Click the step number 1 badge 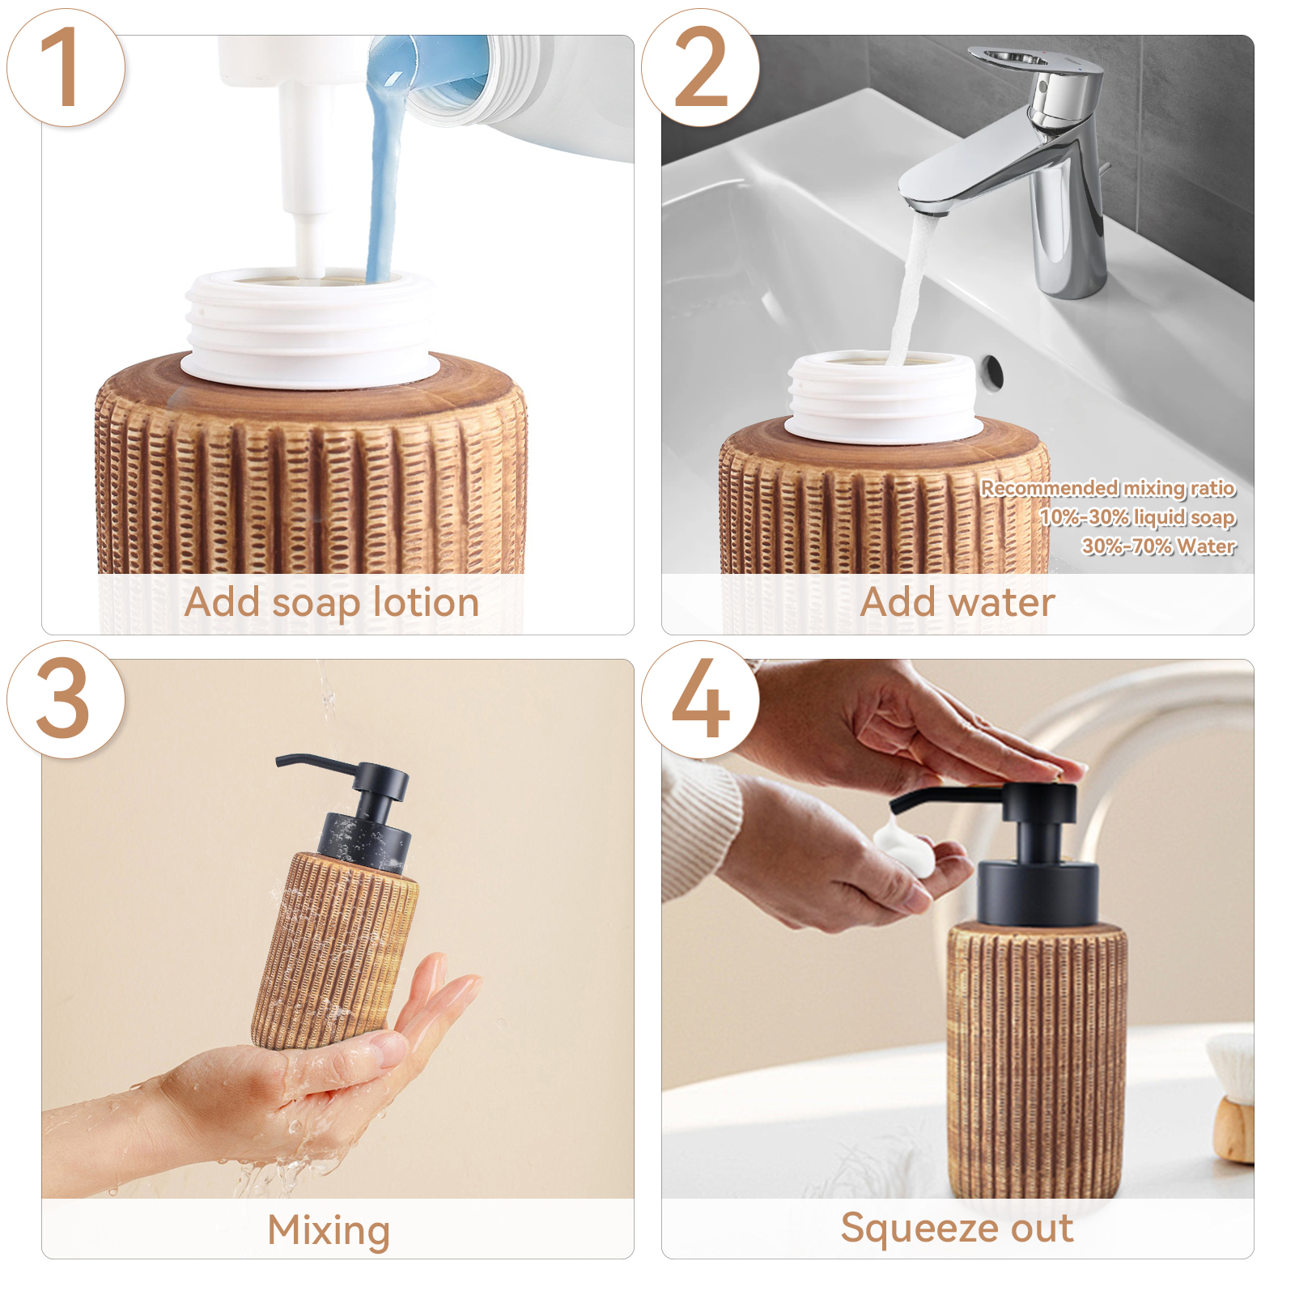66,67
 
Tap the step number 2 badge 700,67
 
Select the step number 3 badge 66,699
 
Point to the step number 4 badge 700,699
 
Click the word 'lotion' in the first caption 426,602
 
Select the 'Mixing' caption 329,1231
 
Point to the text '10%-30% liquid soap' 1137,516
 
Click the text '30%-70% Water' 1158,546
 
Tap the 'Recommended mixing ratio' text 1108,487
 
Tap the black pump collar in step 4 1038,894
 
